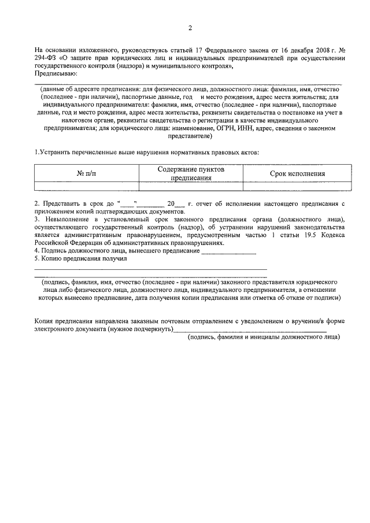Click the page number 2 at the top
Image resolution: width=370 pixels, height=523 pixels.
[x=190, y=28]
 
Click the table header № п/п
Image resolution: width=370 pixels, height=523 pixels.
[x=87, y=173]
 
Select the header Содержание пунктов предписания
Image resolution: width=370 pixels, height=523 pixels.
[x=190, y=173]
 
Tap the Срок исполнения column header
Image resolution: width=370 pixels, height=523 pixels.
[x=297, y=173]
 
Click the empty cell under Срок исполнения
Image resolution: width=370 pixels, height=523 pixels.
[x=297, y=186]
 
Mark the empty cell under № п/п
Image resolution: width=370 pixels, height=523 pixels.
[x=87, y=186]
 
